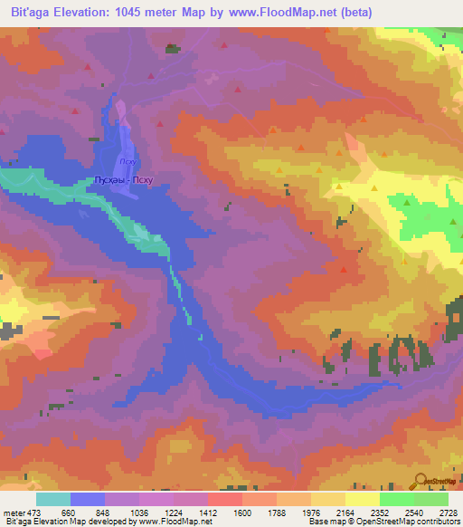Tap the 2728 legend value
coord(447,513)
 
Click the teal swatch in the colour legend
coord(53,499)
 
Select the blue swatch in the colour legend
coord(88,499)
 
